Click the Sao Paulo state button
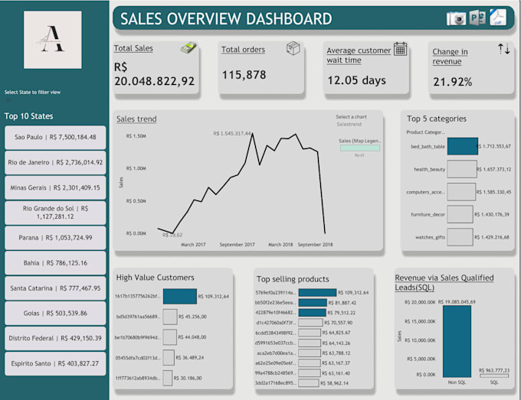coord(54,137)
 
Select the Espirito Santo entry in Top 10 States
coord(54,363)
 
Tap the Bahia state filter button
coord(54,262)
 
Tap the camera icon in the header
coord(457,18)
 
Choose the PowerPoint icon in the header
coord(477,18)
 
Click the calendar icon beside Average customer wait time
coord(400,49)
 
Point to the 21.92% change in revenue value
coord(451,81)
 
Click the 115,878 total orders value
coord(244,75)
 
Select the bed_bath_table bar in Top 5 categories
coord(462,146)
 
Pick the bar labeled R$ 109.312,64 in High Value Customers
coord(180,296)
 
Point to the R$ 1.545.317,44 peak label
coord(243,134)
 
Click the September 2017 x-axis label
coord(238,244)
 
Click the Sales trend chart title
coord(136,119)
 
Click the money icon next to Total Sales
coord(188,48)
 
